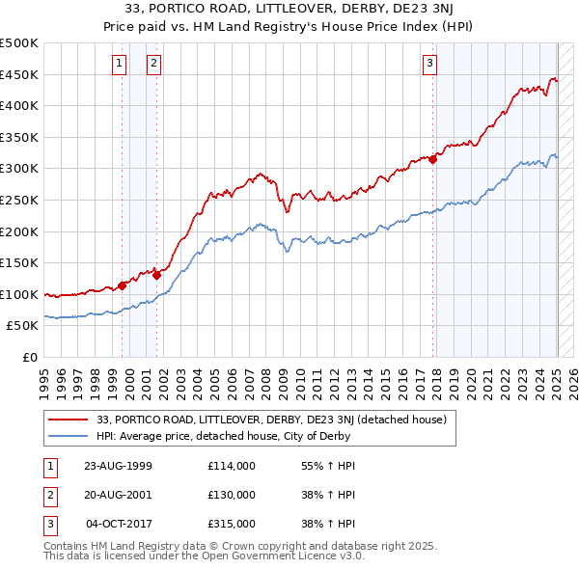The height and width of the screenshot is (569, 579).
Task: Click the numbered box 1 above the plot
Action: pos(119,65)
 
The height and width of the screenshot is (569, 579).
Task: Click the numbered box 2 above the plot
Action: pos(153,65)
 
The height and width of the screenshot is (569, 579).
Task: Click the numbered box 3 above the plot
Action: pos(429,65)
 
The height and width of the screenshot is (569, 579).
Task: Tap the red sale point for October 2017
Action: pos(433,160)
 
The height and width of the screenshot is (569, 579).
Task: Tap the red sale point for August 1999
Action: pos(123,285)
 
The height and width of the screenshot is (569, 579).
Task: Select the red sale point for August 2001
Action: pos(156,275)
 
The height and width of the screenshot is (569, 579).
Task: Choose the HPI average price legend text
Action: pos(222,437)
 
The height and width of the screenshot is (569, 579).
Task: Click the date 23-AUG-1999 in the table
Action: pos(119,466)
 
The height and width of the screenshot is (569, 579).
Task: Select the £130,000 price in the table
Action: pos(232,495)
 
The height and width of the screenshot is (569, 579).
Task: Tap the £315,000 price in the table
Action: pos(232,524)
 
